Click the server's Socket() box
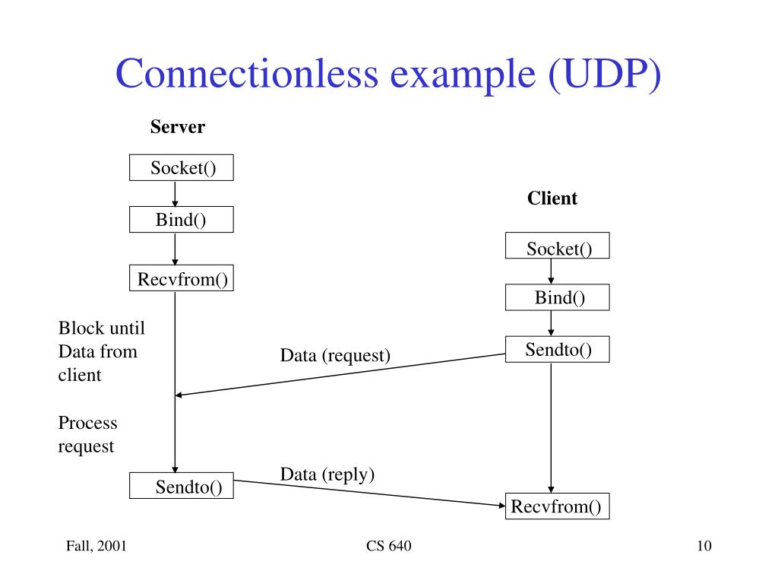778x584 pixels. pos(182,167)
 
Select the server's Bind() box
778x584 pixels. pos(182,220)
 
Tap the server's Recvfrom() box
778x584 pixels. pos(182,279)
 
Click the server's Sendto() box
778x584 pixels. pos(182,486)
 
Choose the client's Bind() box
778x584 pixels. pos(557,297)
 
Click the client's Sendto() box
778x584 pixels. pos(557,349)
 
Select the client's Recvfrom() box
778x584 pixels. pos(557,506)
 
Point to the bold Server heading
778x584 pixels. pos(177,127)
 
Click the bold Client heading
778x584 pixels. pos(552,198)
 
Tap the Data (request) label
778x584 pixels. pos(335,355)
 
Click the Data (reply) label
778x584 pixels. pos(327,474)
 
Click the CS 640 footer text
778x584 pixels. pos(388,547)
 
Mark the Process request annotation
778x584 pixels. pos(88,434)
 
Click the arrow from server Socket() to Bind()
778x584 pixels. pos(176,194)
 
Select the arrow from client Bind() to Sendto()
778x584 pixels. pos(551,323)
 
